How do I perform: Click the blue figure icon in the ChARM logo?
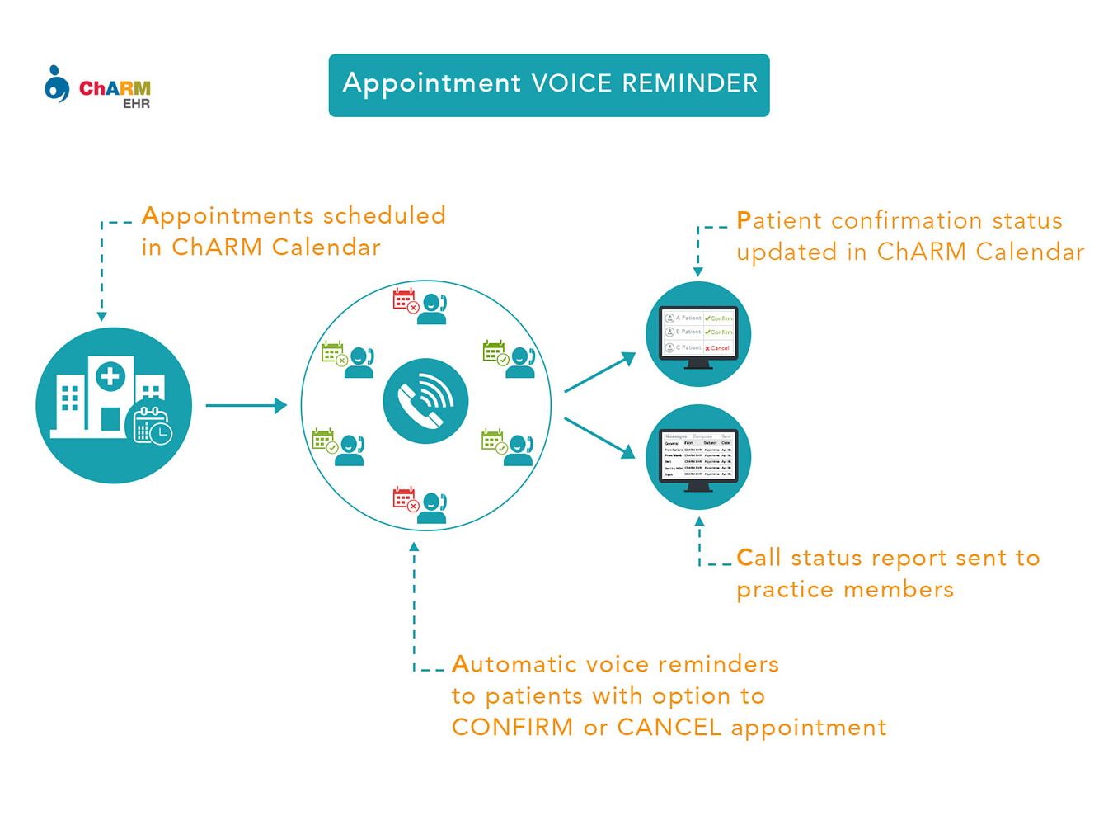point(56,84)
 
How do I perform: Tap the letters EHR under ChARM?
point(136,104)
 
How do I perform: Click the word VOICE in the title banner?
point(571,83)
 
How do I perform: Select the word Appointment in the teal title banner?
point(431,83)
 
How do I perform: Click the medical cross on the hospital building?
point(110,377)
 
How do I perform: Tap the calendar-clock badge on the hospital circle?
point(153,427)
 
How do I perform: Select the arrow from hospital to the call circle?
point(246,405)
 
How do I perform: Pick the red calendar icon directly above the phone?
point(405,300)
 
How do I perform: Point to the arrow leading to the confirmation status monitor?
point(600,372)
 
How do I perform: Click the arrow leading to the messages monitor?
point(600,437)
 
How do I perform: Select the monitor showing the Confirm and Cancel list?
point(698,334)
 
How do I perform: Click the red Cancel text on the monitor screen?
point(718,348)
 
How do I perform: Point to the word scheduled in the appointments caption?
point(384,216)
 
